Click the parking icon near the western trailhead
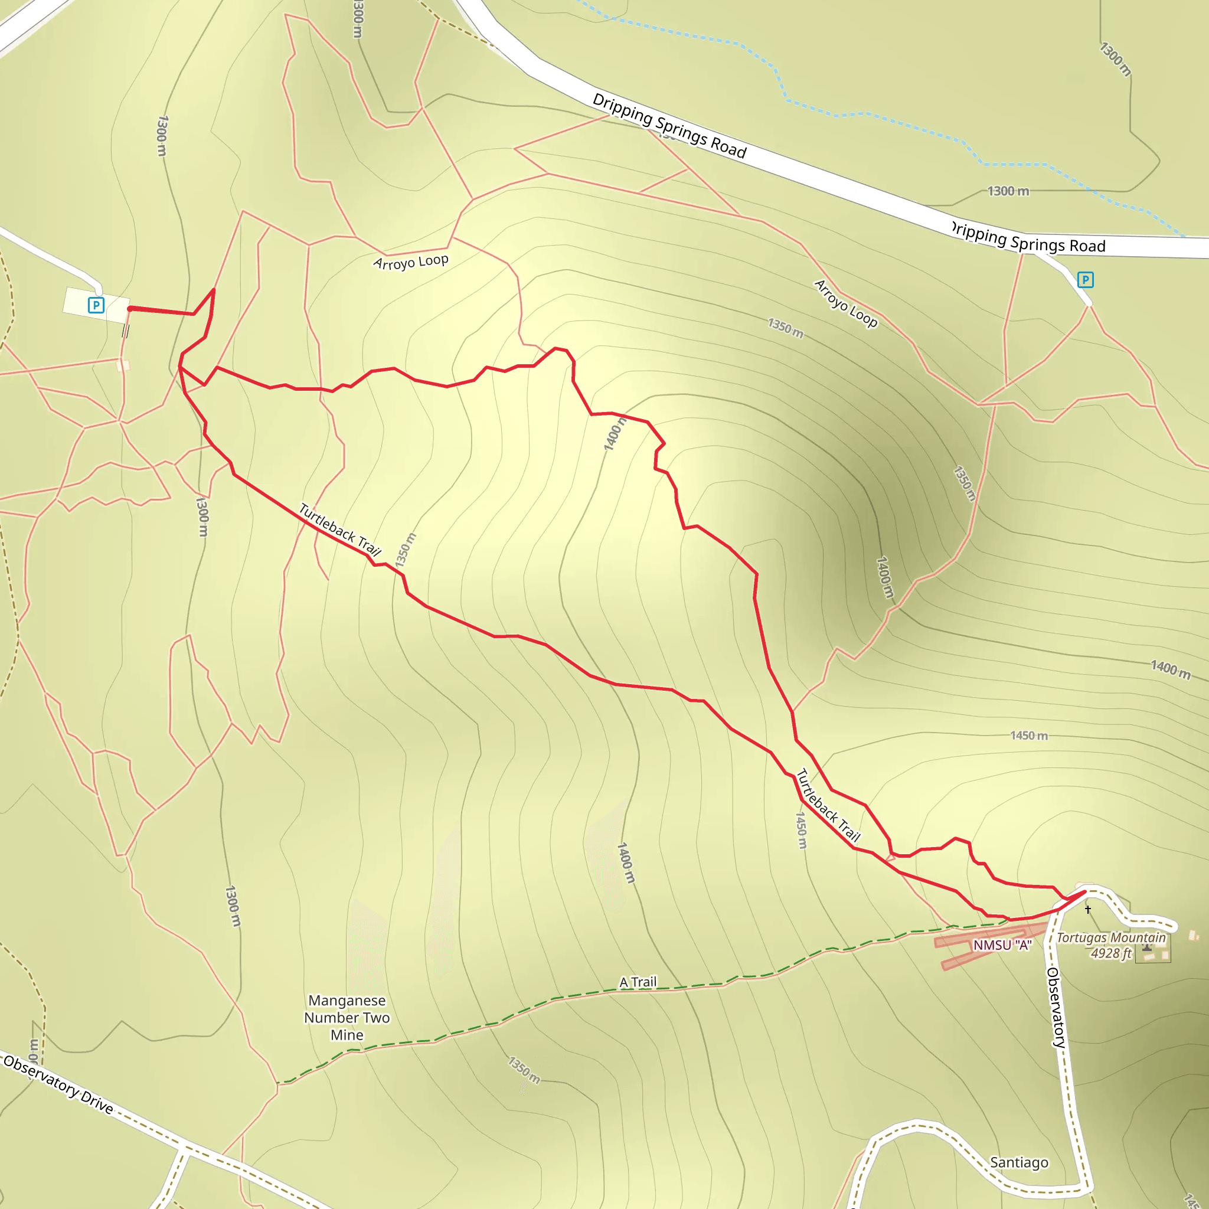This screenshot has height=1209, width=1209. coord(96,305)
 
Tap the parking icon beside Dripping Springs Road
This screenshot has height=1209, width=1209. coord(1086,280)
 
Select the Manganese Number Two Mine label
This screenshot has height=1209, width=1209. coord(347,1018)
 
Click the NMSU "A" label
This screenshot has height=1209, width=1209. coord(1002,945)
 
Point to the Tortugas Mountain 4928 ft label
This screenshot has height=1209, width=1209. coord(1112,946)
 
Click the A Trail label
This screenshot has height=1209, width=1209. coord(638,982)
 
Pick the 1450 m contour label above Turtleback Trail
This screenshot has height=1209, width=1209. coord(1030,736)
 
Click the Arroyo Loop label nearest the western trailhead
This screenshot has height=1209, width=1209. coord(410,262)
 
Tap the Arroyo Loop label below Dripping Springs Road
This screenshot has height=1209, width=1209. coord(845,303)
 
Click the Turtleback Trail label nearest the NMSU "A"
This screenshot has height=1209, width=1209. coord(828,805)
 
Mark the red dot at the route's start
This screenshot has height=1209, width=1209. coord(129,309)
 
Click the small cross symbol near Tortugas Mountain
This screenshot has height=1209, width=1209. coord(1088,909)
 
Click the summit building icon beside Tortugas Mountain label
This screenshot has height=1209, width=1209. coord(1147,948)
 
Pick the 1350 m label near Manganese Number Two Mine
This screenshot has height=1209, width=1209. coord(524,1070)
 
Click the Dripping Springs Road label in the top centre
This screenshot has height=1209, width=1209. coord(669,126)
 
